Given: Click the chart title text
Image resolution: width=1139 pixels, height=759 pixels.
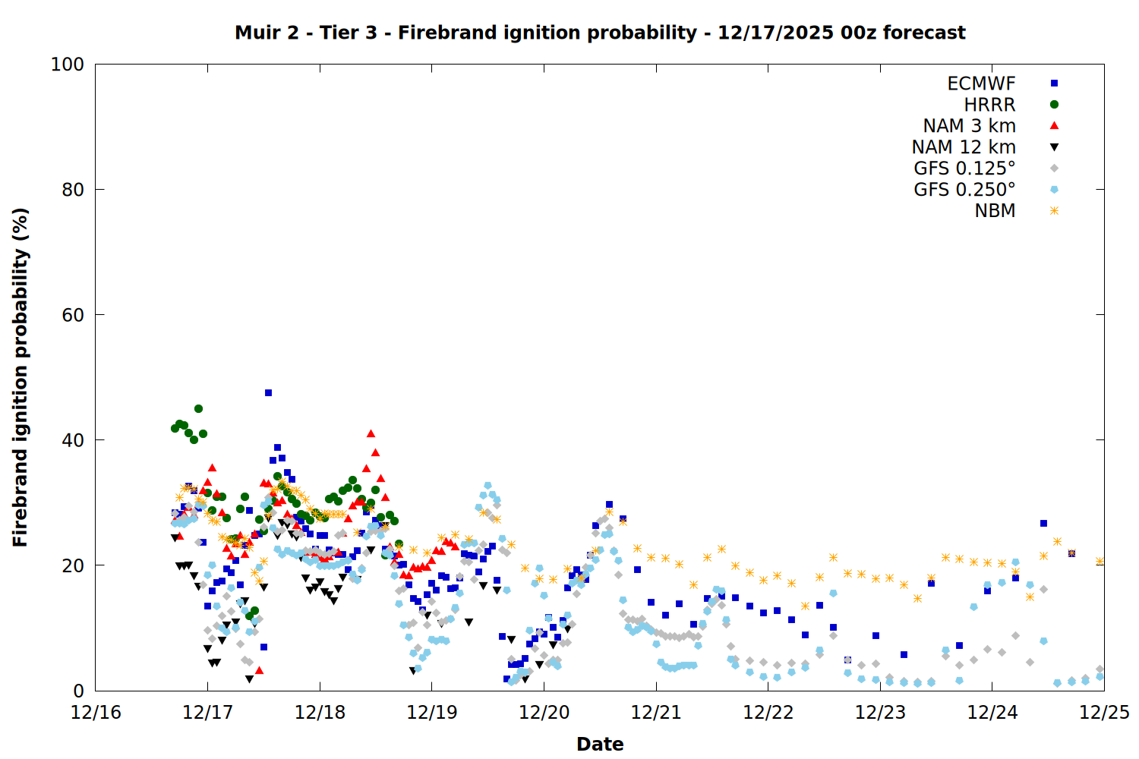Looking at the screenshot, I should [x=600, y=33].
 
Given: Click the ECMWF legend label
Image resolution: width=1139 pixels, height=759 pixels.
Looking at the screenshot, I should [x=981, y=83].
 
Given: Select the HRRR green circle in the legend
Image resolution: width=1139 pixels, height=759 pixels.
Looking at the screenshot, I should [x=1054, y=105].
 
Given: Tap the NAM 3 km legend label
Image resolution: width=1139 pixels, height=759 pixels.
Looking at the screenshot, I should [x=969, y=126].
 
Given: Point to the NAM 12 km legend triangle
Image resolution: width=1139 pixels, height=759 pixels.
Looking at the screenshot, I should [x=1054, y=147].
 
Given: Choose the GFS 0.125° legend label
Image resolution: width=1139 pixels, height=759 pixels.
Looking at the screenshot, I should [x=964, y=168].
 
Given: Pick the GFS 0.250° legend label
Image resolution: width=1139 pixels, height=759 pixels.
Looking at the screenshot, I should [x=964, y=190].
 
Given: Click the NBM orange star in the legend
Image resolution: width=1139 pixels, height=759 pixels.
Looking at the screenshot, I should [x=1054, y=211].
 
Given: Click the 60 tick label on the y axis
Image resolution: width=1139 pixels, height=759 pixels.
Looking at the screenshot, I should [x=73, y=315].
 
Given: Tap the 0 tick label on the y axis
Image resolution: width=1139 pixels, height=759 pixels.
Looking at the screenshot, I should [x=78, y=691].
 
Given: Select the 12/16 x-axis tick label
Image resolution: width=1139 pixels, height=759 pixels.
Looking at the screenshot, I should [x=96, y=713].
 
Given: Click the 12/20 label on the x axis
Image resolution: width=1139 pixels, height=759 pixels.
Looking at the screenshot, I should [x=544, y=713].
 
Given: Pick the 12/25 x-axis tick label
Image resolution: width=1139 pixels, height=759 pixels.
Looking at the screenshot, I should [x=1104, y=713].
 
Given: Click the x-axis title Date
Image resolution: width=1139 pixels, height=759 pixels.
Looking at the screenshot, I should [x=600, y=744].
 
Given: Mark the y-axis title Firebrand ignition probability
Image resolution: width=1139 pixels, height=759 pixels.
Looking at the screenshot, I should [x=21, y=377].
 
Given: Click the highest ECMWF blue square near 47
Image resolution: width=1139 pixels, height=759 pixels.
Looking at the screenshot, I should [x=268, y=392].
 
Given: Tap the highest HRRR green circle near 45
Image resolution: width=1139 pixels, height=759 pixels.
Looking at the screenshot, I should [x=198, y=408].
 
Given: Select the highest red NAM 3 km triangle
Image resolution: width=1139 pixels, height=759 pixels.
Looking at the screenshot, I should [x=371, y=433].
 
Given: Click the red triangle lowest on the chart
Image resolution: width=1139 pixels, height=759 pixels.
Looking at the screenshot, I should [x=259, y=670].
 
